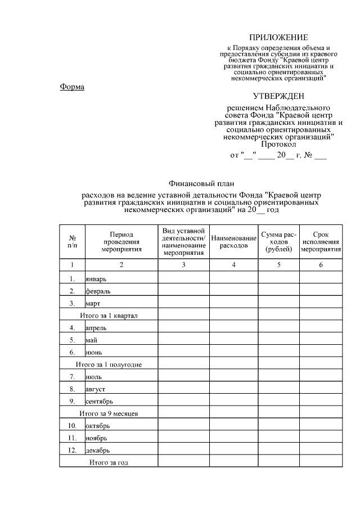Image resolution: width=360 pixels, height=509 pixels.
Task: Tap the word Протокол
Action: (x=279, y=144)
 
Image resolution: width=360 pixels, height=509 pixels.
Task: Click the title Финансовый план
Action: (x=201, y=183)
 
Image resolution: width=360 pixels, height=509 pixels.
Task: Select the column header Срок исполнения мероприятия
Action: (x=321, y=242)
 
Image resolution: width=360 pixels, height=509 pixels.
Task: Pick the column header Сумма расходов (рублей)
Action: (x=278, y=242)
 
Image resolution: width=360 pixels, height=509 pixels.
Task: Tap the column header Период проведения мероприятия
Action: (x=121, y=242)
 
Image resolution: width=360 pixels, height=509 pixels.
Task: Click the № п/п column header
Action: (x=72, y=242)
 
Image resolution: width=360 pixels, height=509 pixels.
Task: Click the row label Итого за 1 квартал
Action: (x=109, y=316)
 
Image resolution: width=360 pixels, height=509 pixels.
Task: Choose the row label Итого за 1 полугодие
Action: (x=109, y=364)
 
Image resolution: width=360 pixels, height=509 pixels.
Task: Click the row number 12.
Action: (x=72, y=450)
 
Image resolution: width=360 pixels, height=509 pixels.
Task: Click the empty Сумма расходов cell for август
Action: (x=278, y=389)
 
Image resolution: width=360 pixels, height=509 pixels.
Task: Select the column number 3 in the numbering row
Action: (x=183, y=264)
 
